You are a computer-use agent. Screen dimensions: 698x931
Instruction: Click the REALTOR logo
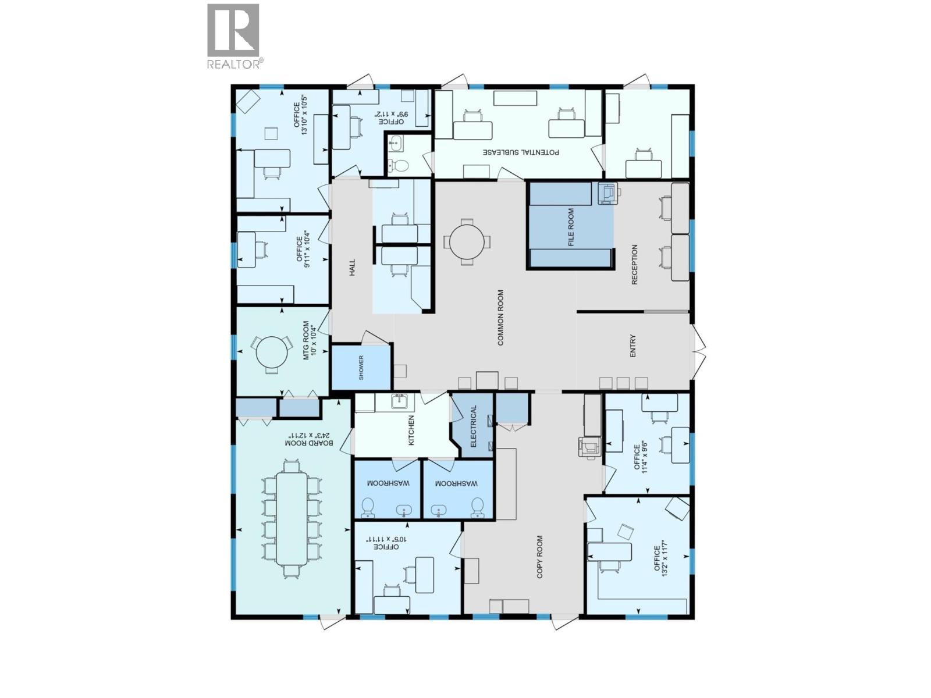tap(233, 36)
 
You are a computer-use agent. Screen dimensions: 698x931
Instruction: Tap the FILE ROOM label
tap(571, 227)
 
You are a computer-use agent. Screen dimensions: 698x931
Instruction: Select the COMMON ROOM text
tap(500, 318)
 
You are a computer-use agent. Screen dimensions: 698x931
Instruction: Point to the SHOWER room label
tap(361, 368)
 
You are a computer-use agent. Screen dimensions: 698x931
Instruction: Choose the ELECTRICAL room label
tap(474, 426)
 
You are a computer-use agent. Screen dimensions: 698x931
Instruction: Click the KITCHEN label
tap(411, 430)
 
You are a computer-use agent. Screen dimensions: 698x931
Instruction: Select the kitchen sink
tap(399, 401)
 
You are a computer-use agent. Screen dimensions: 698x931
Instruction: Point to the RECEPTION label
tap(635, 264)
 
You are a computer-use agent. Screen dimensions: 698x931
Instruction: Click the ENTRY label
tap(633, 346)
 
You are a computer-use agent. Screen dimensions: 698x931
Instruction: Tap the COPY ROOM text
tap(540, 557)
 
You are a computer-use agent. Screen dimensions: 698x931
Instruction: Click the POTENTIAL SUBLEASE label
tap(521, 152)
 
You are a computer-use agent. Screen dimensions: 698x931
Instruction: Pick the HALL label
tap(351, 268)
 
